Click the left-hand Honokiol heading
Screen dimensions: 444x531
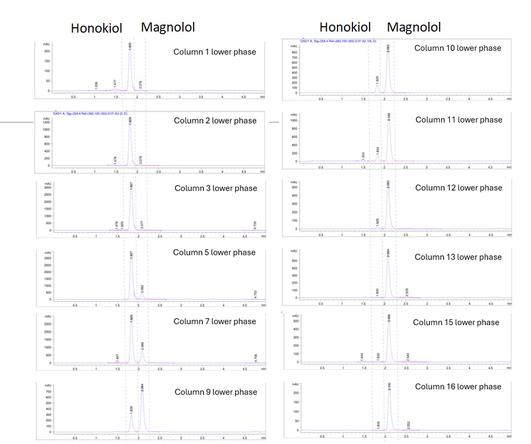[x=96, y=28]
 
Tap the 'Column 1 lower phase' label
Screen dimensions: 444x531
[x=214, y=52]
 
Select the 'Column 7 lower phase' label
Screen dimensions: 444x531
[x=215, y=321]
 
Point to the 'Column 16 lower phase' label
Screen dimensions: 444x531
[x=458, y=387]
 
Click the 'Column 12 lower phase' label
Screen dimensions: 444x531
[x=458, y=188]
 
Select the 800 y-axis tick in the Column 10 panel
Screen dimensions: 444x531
[x=293, y=52]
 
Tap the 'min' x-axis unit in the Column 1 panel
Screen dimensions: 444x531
[x=262, y=97]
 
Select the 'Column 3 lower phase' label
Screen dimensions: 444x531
[x=216, y=188]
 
